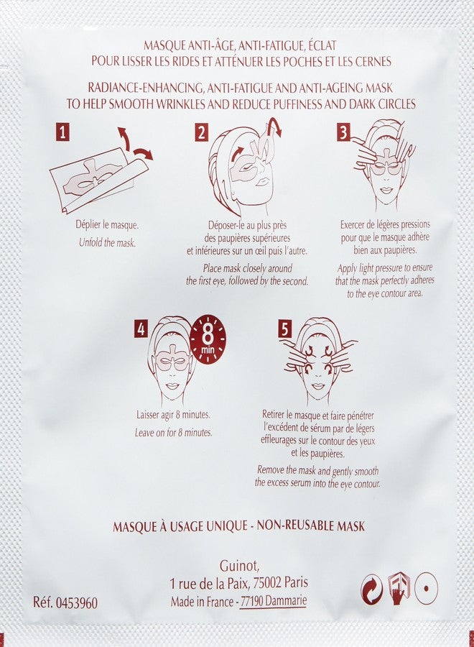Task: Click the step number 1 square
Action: pos(65,132)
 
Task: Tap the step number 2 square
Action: pos(202,132)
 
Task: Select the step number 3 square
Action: pos(344,132)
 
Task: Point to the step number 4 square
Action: pos(141,329)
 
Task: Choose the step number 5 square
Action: pos(285,329)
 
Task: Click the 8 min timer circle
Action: pos(208,338)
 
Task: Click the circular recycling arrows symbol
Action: pos(372,588)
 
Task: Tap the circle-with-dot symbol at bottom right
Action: pos(427,588)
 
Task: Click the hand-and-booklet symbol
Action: pos(399,588)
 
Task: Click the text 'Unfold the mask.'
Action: pos(107,242)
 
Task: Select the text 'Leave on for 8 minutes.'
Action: pos(173,433)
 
